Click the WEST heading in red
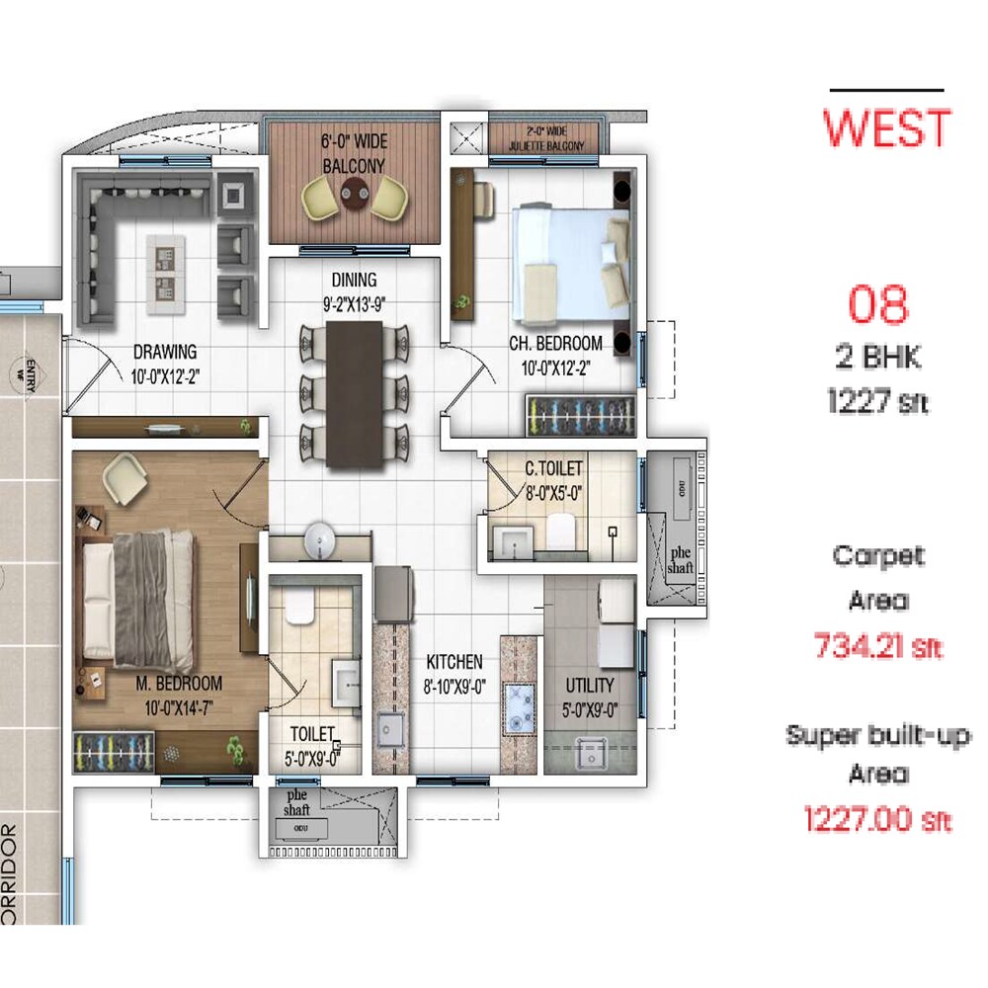pyautogui.click(x=887, y=129)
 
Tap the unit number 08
pyautogui.click(x=878, y=306)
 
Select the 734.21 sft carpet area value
pyautogui.click(x=877, y=646)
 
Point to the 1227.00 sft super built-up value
pyautogui.click(x=877, y=819)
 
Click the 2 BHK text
pyautogui.click(x=877, y=357)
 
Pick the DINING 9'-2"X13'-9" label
pyautogui.click(x=354, y=292)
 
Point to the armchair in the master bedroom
pyautogui.click(x=125, y=477)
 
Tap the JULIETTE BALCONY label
pyautogui.click(x=546, y=139)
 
